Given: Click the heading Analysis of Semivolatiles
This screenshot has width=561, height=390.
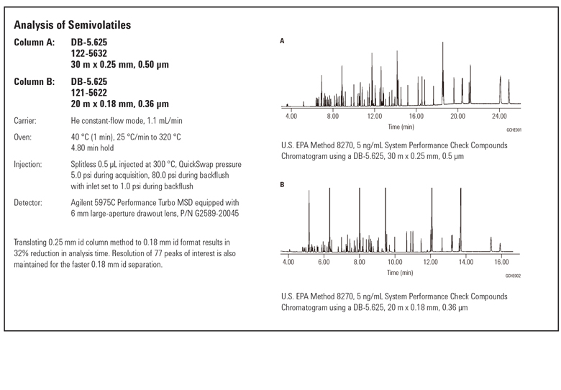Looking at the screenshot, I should point(73,25).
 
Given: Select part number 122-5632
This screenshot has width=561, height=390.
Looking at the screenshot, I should point(88,54).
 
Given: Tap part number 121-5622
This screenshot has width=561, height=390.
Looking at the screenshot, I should point(88,93).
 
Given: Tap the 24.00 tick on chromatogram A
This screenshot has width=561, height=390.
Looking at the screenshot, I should point(499,116).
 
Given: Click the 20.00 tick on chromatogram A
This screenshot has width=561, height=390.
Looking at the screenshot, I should point(457,116).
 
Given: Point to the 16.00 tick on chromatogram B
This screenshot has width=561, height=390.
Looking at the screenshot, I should point(501,263).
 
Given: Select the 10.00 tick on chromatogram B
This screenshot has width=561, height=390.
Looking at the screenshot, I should point(394,263).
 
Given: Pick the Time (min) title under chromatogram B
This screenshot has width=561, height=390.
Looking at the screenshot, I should point(399,273).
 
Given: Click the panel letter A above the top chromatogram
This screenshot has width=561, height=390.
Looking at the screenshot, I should point(282,41).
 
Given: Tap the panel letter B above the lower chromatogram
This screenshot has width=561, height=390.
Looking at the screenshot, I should point(282,185).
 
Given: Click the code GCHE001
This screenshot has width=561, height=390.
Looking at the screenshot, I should point(513,130).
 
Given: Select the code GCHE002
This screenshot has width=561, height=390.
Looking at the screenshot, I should point(512,276).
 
